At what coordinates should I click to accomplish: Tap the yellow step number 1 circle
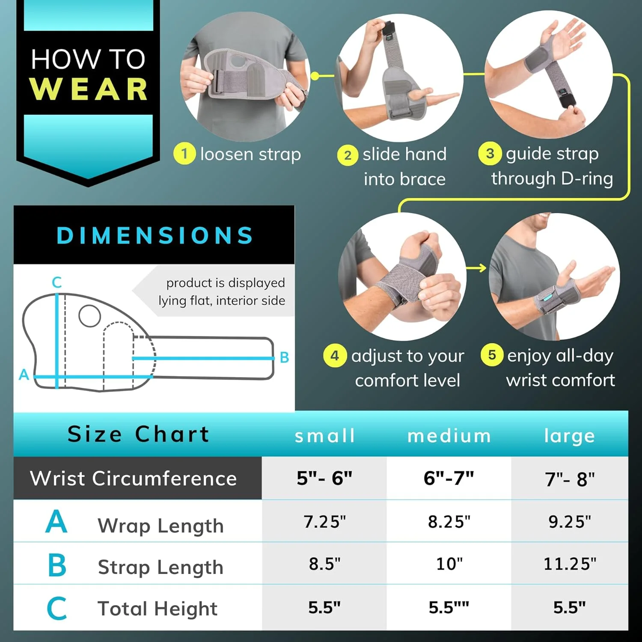[x=184, y=153]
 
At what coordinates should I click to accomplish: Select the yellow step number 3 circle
[x=490, y=153]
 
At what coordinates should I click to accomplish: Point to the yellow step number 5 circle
[x=492, y=355]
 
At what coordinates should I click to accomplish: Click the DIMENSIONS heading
[x=155, y=235]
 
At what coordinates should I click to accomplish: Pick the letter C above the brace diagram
[x=57, y=282]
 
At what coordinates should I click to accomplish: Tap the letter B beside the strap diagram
[x=284, y=357]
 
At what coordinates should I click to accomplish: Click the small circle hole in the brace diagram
[x=90, y=316]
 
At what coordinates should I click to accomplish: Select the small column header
[x=325, y=436]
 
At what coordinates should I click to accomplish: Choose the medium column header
[x=449, y=436]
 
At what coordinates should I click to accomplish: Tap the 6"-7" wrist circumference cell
[x=449, y=478]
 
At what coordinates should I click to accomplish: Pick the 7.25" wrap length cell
[x=325, y=522]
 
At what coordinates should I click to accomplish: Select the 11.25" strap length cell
[x=570, y=564]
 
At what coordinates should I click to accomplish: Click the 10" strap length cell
[x=449, y=564]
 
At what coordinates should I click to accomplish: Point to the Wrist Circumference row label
[x=133, y=478]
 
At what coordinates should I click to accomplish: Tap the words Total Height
[x=158, y=608]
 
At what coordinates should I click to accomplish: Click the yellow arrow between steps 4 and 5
[x=476, y=268]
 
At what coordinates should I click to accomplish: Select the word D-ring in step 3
[x=587, y=178]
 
